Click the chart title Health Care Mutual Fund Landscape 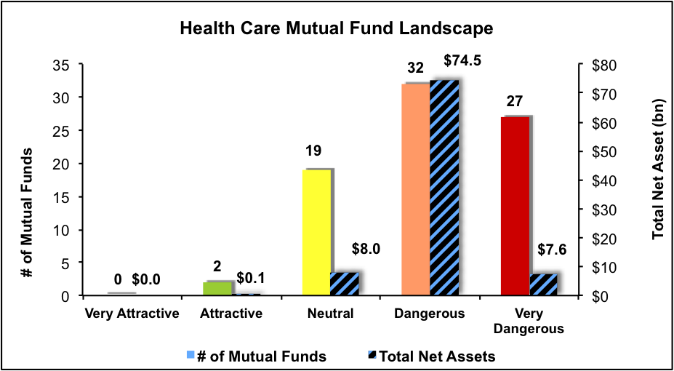tap(337, 30)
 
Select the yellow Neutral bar tap(317, 232)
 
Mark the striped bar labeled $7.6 tap(543, 284)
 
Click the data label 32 tap(416, 68)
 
